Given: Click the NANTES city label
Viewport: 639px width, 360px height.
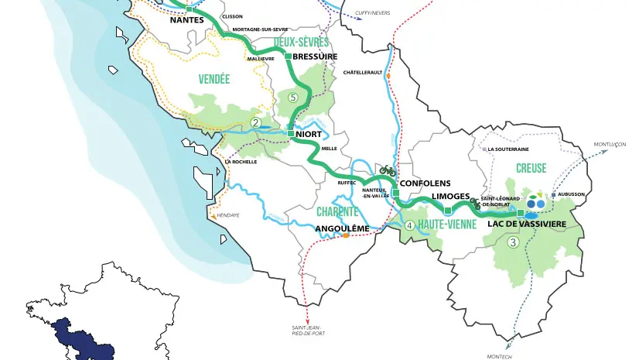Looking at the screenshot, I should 186,20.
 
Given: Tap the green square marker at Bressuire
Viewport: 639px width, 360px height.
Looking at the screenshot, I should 288,56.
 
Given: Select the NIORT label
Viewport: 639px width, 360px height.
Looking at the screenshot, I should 309,134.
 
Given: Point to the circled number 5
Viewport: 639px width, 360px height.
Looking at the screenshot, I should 292,98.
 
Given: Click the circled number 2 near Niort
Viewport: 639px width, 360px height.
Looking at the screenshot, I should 255,122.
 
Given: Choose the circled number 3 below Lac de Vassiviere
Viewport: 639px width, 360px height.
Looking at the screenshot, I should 512,242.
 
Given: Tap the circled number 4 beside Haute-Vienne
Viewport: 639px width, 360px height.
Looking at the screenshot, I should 409,225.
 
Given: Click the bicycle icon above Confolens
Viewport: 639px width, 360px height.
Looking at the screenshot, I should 388,170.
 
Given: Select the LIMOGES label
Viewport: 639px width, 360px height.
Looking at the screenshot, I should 450,197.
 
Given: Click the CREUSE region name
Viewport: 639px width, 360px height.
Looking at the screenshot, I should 531,168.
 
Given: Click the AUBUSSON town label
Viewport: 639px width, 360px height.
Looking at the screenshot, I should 572,194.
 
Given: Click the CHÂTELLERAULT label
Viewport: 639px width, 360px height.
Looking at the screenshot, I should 362,72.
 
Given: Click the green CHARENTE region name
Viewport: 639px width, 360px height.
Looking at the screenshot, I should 337,211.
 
